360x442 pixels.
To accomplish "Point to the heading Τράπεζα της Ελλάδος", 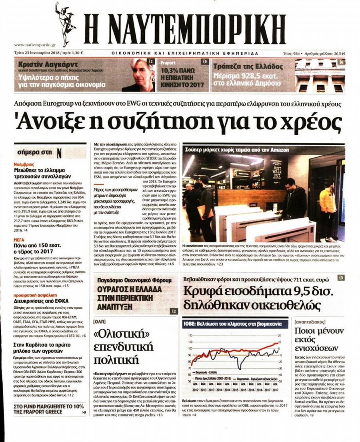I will (x=248, y=66).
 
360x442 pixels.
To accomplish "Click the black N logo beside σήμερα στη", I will (x=59, y=153).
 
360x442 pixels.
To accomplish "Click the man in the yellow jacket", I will (x=328, y=204).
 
